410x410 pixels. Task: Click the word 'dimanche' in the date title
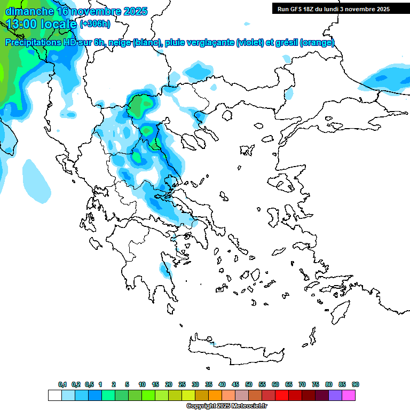29,11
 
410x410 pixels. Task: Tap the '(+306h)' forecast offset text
96,24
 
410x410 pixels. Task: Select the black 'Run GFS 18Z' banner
334,9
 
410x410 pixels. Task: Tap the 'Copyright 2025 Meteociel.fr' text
226,406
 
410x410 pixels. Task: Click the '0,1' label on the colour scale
62,384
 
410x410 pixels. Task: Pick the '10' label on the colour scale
142,384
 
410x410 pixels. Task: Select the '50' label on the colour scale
249,384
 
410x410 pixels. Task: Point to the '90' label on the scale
356,384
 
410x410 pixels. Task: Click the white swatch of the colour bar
54,395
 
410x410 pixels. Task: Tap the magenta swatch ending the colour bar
349,395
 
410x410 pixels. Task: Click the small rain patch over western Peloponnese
165,270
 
